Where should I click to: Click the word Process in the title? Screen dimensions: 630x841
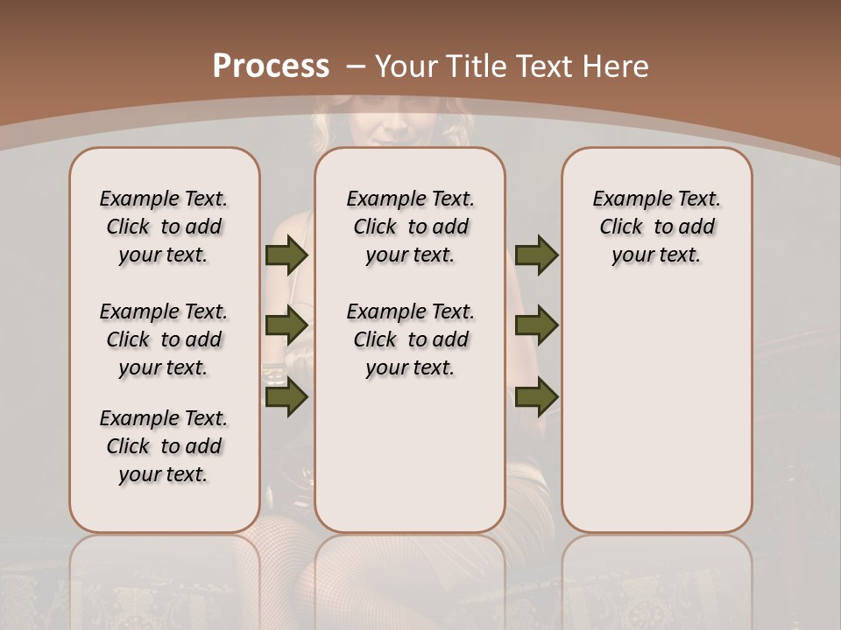pos(272,66)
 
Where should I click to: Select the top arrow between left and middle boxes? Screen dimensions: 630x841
pos(286,255)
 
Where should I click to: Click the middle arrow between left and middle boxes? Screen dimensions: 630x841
pos(286,325)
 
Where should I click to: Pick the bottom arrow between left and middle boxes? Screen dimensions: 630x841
pos(286,396)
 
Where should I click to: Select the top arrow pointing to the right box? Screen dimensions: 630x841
pos(536,255)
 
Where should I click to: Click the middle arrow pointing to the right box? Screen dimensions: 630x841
pos(536,325)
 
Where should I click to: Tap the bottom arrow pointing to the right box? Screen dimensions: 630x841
pos(536,396)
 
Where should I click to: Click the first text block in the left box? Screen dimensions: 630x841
pos(164,227)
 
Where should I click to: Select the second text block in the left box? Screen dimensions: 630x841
pos(164,339)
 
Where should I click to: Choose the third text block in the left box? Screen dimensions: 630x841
pos(164,446)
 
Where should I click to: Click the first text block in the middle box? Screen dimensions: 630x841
pos(411,227)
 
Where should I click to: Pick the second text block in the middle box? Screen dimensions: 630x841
pos(411,339)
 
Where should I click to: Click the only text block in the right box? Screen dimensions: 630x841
pos(657,227)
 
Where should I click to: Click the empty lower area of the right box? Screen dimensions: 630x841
pos(657,420)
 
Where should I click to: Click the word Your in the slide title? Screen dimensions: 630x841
pos(407,66)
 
